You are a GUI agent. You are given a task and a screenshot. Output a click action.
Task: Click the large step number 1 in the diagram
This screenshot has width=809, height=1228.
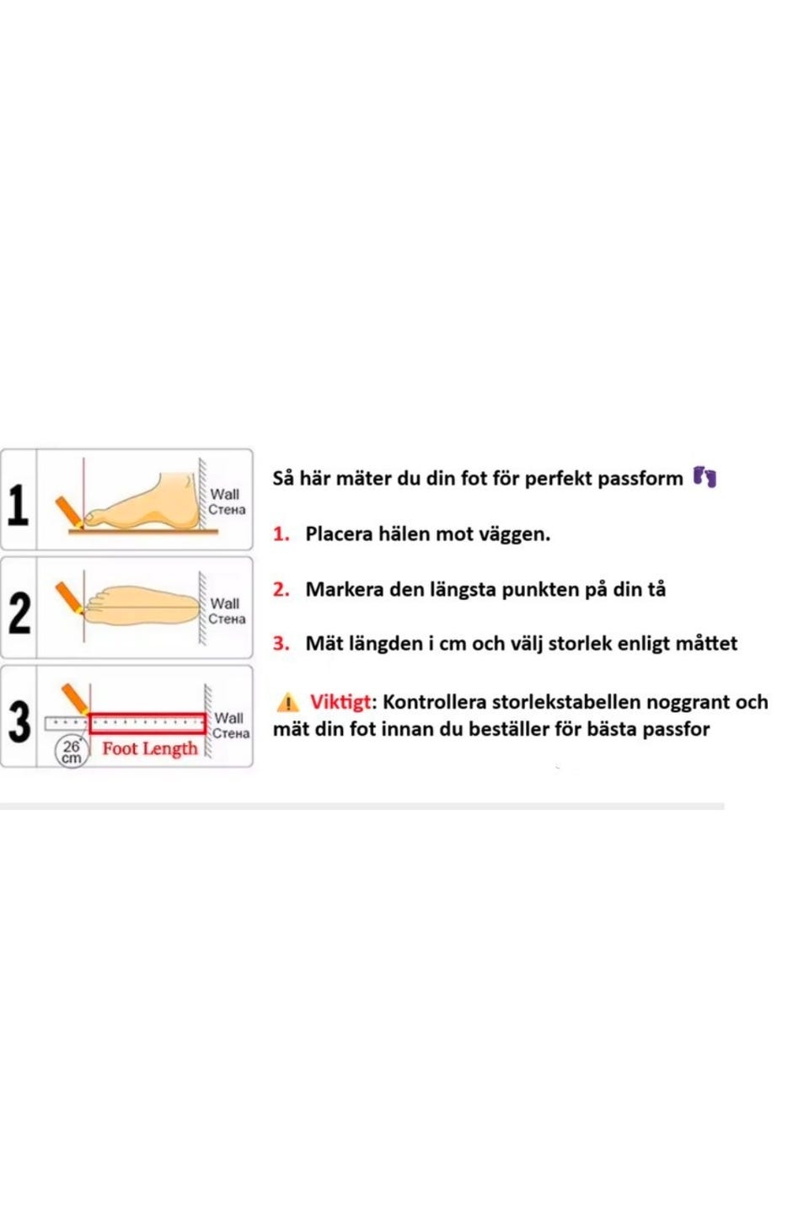coord(18,505)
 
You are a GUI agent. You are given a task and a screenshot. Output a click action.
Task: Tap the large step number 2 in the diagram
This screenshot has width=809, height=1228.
coord(19,614)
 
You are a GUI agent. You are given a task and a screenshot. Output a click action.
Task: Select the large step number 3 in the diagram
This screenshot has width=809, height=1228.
coord(19,722)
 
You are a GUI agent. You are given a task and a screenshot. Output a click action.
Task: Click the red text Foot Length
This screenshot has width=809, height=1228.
coord(150,749)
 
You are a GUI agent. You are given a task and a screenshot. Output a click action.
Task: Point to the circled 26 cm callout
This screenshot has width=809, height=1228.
coord(72,752)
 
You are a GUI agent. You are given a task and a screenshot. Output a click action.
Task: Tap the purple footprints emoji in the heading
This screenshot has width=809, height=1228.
coord(705,477)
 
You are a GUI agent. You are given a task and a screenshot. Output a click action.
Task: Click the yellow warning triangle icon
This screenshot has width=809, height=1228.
coord(287,702)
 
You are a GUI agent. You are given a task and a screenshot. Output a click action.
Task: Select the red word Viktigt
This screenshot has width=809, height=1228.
coord(340,702)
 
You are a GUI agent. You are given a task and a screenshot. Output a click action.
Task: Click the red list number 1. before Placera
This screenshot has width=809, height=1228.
coord(281,534)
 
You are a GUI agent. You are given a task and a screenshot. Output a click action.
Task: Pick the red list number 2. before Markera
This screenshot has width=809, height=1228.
coord(281,589)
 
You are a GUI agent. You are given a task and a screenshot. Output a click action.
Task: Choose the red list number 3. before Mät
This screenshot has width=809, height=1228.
coord(281,643)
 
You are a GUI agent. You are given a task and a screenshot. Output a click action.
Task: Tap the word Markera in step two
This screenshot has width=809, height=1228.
coord(344,589)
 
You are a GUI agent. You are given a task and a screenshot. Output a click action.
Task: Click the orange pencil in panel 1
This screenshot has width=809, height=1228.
coord(70,512)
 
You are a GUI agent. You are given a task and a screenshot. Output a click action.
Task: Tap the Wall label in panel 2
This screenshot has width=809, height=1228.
coord(225,603)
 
